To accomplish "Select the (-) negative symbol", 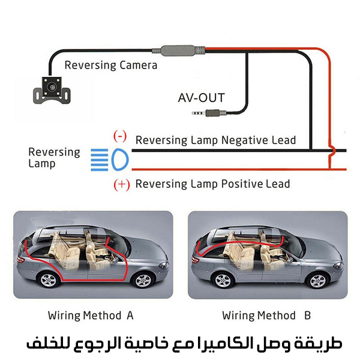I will click(121, 136).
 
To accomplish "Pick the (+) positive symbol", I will click(121, 184).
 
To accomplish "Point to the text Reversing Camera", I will click(110, 65).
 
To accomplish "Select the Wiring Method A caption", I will click(91, 315).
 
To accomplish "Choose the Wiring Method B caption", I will click(266, 315).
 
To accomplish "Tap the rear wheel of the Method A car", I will click(47, 280).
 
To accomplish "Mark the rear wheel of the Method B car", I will click(223, 280).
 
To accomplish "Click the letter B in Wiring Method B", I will click(307, 315).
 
